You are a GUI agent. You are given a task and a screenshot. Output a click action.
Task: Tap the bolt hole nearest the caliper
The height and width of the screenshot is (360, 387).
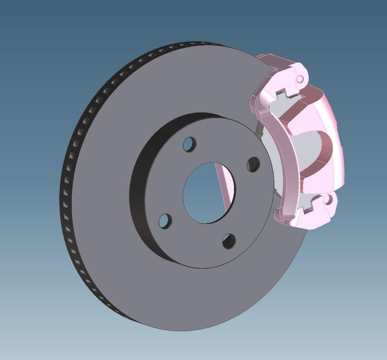click(x=254, y=164)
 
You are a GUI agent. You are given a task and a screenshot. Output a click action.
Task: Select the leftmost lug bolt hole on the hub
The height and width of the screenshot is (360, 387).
click(x=164, y=221)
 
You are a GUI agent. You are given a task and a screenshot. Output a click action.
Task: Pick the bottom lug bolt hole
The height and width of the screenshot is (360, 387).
click(x=229, y=241)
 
